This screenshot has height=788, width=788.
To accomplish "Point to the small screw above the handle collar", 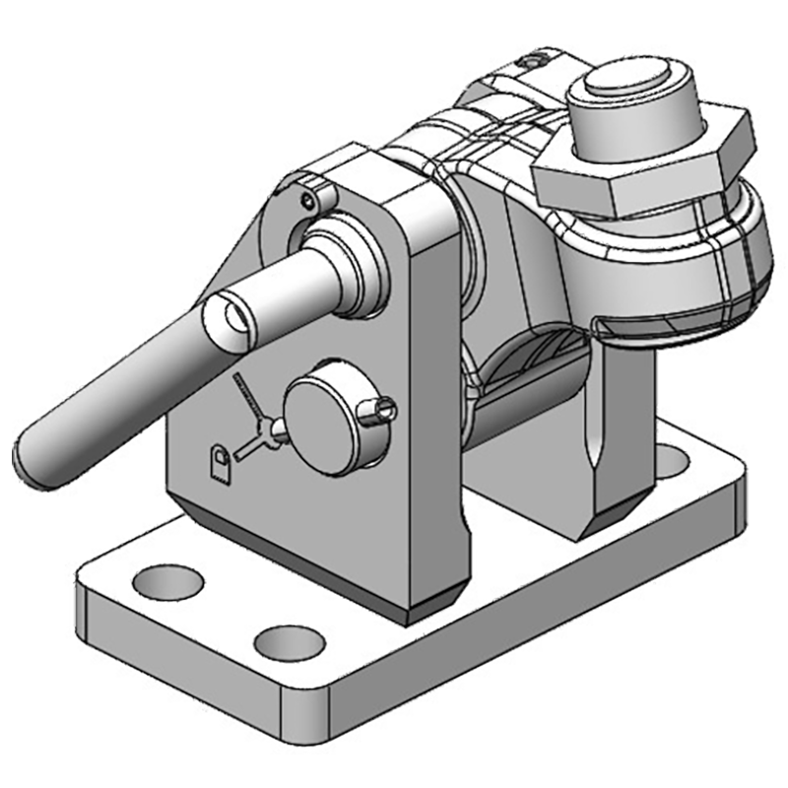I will pyautogui.click(x=312, y=201).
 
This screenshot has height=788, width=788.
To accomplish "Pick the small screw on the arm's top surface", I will pyautogui.click(x=533, y=61).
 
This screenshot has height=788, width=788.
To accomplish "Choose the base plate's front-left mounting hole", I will pyautogui.click(x=167, y=582).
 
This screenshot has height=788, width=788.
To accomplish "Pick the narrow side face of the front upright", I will pyautogui.click(x=433, y=394).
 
